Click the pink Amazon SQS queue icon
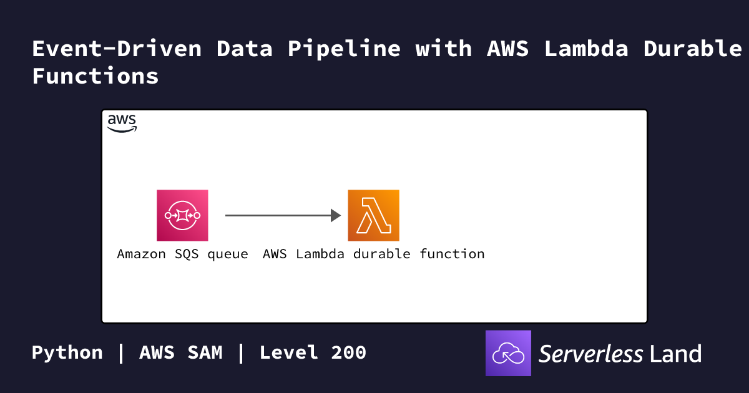(x=182, y=215)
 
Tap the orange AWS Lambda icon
(x=373, y=215)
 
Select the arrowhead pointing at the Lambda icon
(x=336, y=215)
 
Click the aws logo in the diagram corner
(x=122, y=124)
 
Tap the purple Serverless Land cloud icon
(x=508, y=353)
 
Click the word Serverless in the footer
(x=590, y=354)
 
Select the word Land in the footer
(x=675, y=354)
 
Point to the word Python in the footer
(x=67, y=353)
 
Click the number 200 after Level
(x=348, y=352)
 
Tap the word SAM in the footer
(x=205, y=352)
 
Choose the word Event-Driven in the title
(x=117, y=49)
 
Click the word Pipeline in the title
(x=344, y=49)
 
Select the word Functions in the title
(x=95, y=75)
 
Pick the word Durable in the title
(x=692, y=49)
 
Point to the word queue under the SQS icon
(x=228, y=255)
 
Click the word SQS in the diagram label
(x=187, y=254)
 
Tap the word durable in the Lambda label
(x=381, y=254)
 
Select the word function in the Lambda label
(x=452, y=254)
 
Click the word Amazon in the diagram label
(x=141, y=254)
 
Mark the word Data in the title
(x=245, y=49)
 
